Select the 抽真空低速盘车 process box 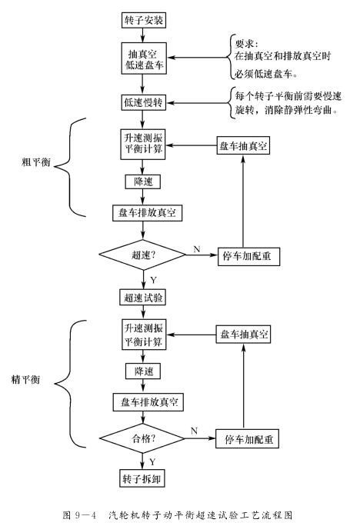(141, 58)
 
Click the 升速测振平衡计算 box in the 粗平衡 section (141, 145)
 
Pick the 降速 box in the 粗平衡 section (141, 181)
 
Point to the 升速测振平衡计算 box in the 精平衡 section (141, 335)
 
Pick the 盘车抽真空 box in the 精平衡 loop (244, 335)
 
